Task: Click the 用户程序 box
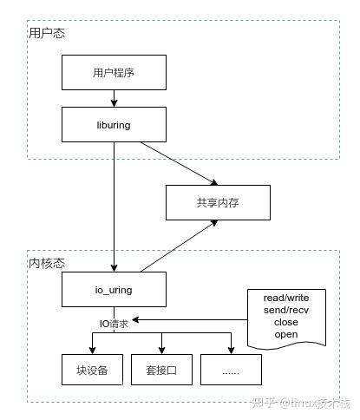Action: (114, 73)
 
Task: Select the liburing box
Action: (114, 124)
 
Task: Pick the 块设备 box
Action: (92, 370)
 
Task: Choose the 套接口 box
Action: (161, 370)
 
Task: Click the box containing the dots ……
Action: (231, 370)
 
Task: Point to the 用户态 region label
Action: (47, 33)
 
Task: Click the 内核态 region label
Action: (47, 261)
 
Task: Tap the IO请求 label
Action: (114, 323)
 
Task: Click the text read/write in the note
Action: (285, 298)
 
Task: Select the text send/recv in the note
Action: (285, 310)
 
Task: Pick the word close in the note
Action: (285, 322)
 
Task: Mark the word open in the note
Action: (285, 334)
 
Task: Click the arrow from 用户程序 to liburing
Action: (114, 98)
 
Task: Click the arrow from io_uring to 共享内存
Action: (178, 245)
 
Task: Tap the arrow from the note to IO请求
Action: (191, 319)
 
